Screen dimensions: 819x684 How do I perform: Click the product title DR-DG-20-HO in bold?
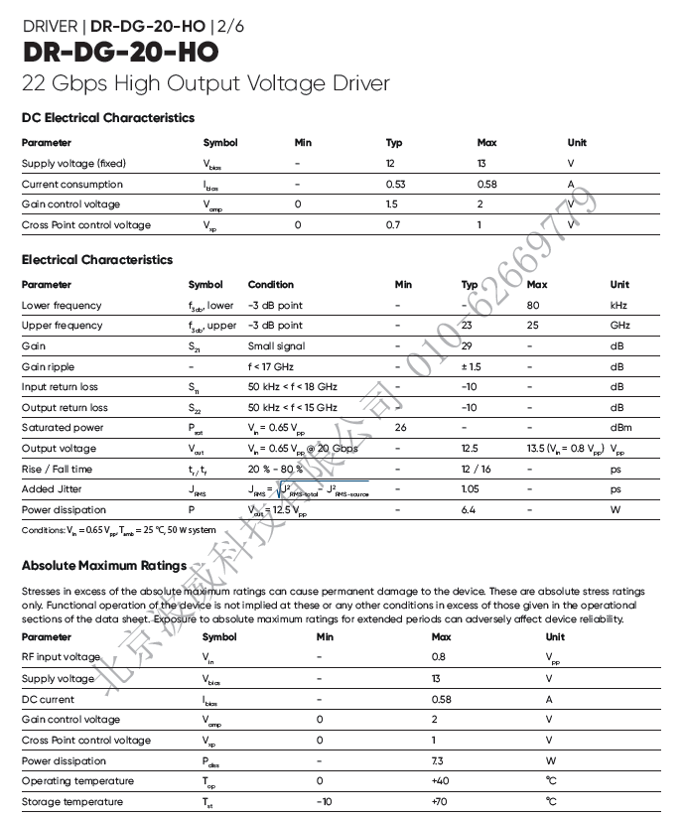[x=119, y=52]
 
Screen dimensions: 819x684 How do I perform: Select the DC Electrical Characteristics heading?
[x=108, y=118]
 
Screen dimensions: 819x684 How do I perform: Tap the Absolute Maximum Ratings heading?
[x=104, y=566]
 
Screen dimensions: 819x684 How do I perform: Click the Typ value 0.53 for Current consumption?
[x=395, y=185]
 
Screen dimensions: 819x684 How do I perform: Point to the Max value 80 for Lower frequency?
[x=533, y=306]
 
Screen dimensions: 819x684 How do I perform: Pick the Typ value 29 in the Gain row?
[x=467, y=346]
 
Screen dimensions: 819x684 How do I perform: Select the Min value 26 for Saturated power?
[x=401, y=428]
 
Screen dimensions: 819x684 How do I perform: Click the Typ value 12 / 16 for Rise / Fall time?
[x=476, y=470]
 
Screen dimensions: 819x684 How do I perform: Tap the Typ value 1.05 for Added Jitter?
[x=470, y=489]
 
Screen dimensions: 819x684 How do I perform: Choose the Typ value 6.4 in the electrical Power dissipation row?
[x=469, y=510]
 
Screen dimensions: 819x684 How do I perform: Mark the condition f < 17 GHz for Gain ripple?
[x=276, y=367]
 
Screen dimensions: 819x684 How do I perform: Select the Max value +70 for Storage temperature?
[x=441, y=802]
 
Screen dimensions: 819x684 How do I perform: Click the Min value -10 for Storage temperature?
[x=324, y=802]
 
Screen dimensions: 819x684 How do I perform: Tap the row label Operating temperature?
[x=77, y=781]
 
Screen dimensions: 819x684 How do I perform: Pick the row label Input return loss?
[x=60, y=387]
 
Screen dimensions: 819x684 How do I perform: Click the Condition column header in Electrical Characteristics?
[x=271, y=285]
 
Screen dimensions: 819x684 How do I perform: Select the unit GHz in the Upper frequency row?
[x=619, y=326]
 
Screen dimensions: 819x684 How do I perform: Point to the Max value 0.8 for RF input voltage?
[x=439, y=657]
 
